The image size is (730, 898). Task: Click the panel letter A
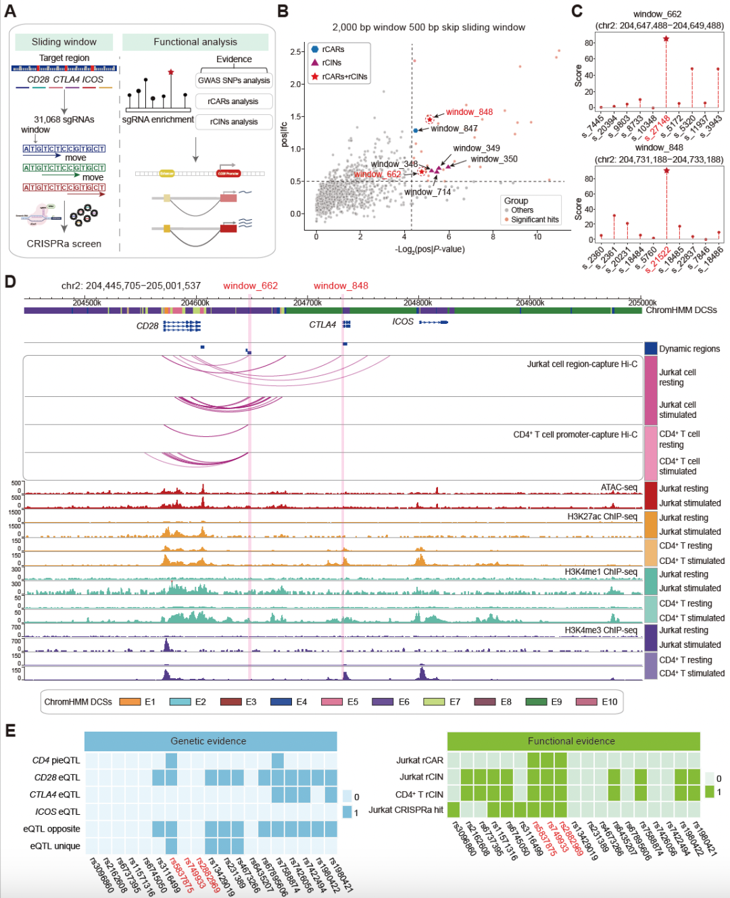10,11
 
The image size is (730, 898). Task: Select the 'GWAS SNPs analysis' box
234,80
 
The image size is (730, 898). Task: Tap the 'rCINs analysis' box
234,122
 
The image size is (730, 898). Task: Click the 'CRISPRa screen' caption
64,243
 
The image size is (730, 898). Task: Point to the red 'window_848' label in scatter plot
469,112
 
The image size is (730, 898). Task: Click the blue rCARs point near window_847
416,130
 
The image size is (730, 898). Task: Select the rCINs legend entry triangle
315,62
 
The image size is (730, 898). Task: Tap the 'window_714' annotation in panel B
427,192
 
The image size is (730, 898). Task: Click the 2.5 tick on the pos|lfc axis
296,52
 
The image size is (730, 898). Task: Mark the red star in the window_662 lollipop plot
666,39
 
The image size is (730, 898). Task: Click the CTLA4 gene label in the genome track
322,325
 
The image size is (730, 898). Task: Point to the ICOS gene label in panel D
403,322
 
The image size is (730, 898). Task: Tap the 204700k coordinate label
308,302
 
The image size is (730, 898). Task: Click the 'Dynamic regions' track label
689,349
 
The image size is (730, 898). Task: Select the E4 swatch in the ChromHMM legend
281,702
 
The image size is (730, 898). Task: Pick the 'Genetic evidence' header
208,741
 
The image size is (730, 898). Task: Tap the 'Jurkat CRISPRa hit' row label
406,810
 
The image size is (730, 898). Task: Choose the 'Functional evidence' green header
571,741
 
